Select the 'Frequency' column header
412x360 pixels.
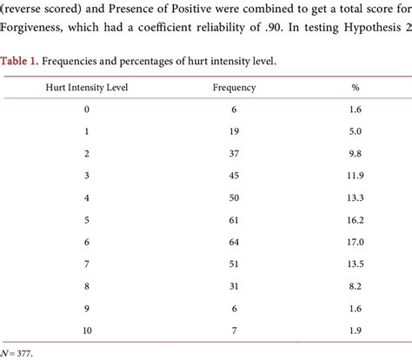[233, 88]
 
